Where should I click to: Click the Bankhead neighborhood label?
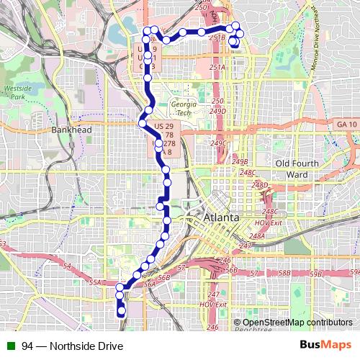(71, 130)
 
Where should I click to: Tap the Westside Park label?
(14, 91)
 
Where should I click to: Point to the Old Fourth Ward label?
(297, 168)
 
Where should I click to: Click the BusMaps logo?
(330, 345)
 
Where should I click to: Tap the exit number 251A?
(217, 67)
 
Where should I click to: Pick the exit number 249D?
(217, 112)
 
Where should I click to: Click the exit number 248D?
(260, 186)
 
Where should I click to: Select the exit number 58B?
(285, 274)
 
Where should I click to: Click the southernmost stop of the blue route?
(122, 311)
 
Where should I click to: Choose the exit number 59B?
(353, 271)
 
